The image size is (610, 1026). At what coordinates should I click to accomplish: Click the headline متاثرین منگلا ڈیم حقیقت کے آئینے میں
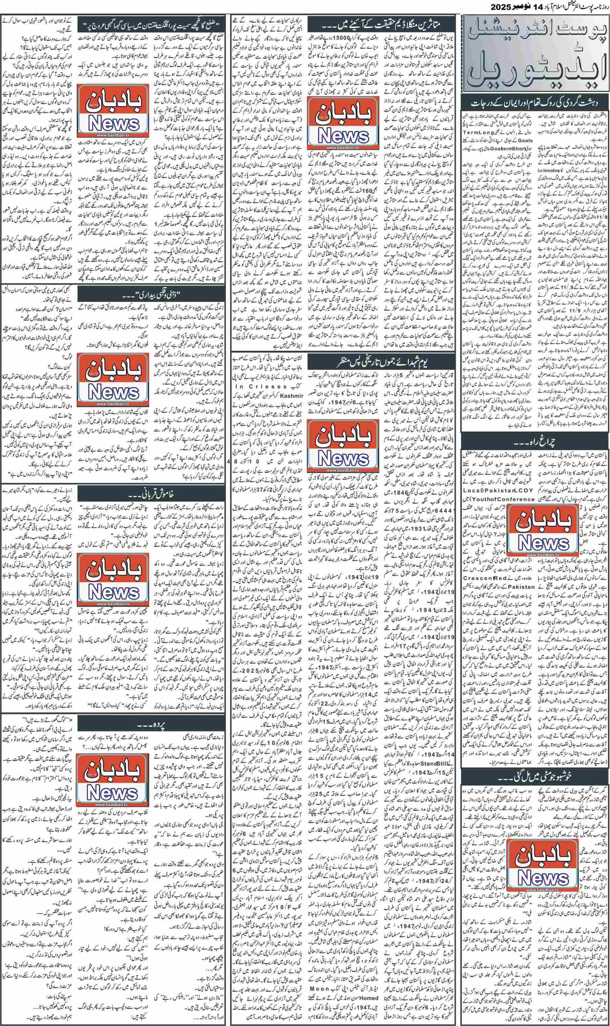click(x=385, y=22)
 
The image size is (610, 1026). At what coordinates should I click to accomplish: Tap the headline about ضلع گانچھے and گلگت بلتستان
click(x=150, y=22)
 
